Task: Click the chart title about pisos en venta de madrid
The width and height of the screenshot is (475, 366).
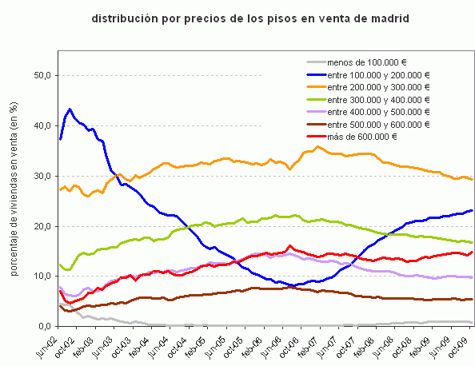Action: coord(245,17)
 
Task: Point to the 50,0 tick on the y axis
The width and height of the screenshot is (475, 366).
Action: coord(41,75)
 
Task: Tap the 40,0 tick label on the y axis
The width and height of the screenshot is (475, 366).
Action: coord(41,125)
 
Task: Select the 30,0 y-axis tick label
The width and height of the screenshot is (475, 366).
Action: coord(41,176)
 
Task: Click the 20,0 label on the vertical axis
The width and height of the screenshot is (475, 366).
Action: coord(41,226)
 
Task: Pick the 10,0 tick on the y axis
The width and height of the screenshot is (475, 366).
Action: coord(41,276)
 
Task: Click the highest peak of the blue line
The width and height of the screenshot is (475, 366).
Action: coord(70,109)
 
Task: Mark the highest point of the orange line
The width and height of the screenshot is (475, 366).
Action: coord(318,146)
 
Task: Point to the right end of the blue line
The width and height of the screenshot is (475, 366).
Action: coord(472,210)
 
